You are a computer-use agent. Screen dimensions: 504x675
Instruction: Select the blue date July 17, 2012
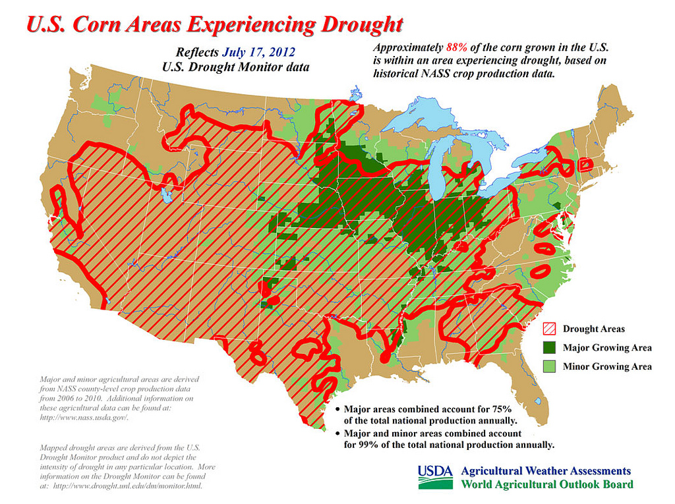point(258,52)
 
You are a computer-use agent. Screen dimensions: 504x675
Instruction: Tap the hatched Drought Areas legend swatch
point(549,329)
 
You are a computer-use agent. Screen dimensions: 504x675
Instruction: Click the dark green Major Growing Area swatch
point(549,347)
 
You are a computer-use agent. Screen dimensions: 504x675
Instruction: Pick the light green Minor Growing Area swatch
point(549,366)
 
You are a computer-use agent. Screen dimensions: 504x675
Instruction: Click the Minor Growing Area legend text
point(606,366)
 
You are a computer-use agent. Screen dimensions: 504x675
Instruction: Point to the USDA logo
point(435,477)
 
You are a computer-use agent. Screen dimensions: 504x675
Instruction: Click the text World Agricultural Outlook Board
point(546,485)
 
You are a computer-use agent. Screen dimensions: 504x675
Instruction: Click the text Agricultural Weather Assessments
point(545,471)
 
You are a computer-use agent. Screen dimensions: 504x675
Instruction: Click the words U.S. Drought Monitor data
point(235,67)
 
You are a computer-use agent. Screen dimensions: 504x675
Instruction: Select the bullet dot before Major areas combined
point(337,410)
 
